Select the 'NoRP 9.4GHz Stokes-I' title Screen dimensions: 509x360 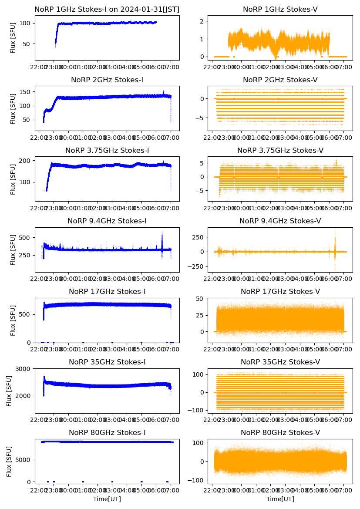107,221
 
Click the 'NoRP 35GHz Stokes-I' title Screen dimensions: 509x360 107,362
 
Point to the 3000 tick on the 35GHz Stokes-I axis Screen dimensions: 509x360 24,369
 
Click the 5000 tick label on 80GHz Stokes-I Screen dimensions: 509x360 24,460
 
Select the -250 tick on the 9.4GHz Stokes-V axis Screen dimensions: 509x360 197,266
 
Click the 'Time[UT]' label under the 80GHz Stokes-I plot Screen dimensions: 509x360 107,499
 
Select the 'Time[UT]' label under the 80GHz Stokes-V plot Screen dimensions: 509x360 280,499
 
